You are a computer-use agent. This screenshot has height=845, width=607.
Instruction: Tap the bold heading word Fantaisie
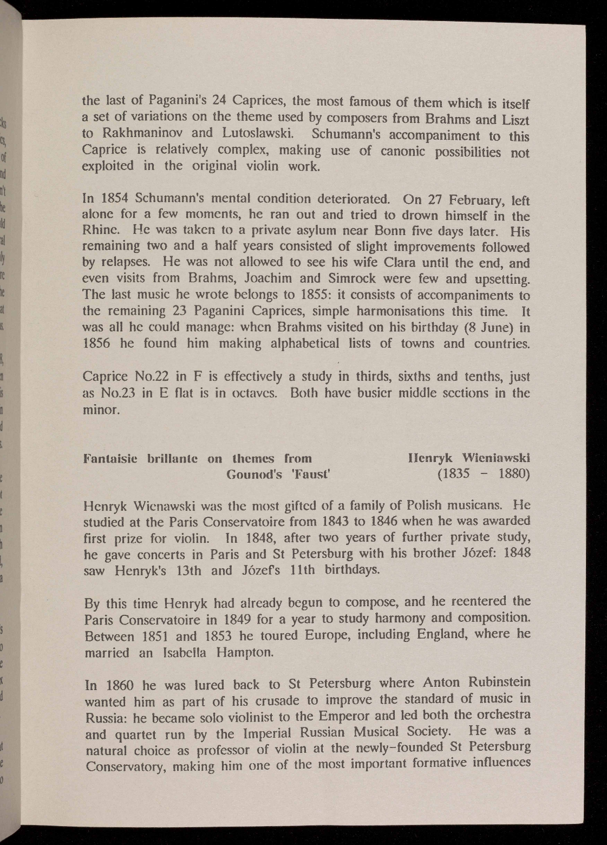click(x=112, y=458)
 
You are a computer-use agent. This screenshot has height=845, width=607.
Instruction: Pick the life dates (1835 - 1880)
click(x=483, y=474)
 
